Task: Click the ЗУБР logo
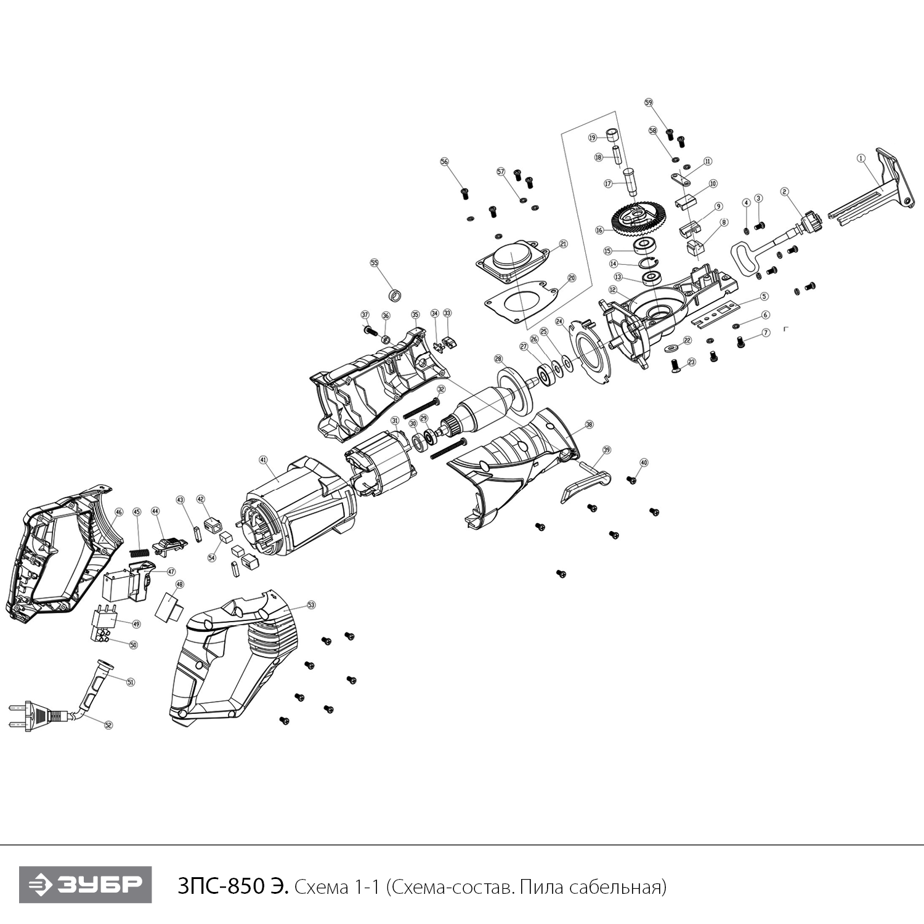tap(86, 885)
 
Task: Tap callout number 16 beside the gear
tap(599, 230)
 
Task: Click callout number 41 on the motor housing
tap(263, 460)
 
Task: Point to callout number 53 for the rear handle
tap(311, 606)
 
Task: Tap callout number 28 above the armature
tap(498, 359)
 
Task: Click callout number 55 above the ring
tap(374, 262)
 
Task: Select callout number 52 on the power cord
tap(108, 725)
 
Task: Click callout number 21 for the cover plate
tap(563, 245)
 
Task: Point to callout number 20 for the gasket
tap(571, 278)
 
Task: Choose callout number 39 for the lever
tap(607, 450)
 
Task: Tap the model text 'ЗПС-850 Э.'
tap(232, 888)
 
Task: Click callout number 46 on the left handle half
tap(119, 512)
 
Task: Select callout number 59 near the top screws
tap(649, 102)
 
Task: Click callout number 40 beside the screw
tap(644, 462)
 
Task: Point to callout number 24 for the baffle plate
tap(559, 322)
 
